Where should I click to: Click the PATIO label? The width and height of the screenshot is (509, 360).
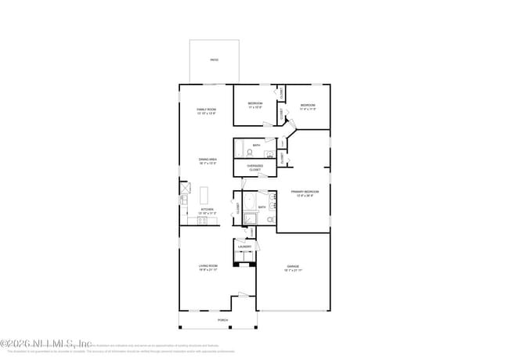tap(214, 60)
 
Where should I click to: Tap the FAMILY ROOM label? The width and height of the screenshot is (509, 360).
tap(206, 111)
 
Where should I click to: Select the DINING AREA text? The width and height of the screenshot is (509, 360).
tap(207, 161)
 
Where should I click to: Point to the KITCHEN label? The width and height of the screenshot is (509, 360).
tap(207, 211)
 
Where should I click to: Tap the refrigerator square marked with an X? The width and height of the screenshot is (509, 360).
tap(184, 188)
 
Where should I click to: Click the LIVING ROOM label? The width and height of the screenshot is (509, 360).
tap(207, 268)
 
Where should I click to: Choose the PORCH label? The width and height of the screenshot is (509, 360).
tap(223, 321)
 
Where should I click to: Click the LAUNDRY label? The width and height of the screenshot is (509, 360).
tap(244, 247)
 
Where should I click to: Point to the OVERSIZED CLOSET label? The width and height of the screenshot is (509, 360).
tap(254, 167)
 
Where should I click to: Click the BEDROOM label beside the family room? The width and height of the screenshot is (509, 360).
tap(255, 106)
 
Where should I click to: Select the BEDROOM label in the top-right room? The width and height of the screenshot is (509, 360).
tap(306, 106)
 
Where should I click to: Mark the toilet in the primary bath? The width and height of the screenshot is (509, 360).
tap(269, 220)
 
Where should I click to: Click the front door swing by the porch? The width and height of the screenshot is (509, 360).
tap(243, 296)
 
